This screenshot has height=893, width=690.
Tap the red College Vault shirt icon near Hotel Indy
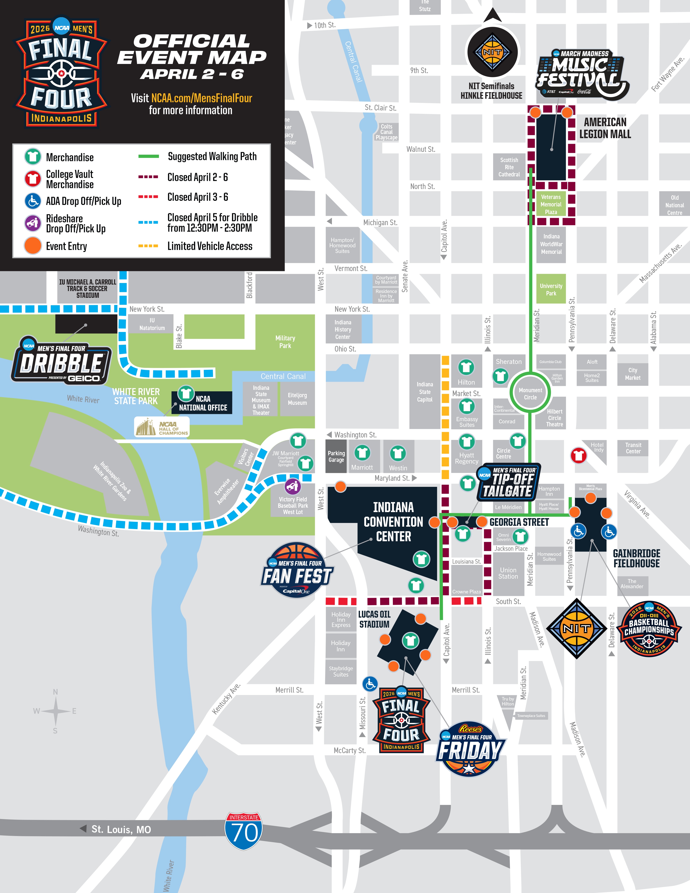click(x=578, y=455)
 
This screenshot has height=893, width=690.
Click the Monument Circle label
click(x=530, y=393)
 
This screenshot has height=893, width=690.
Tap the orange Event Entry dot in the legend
click(x=33, y=246)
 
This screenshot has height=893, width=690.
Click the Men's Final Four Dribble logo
click(x=61, y=361)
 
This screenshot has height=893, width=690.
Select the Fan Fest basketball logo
click(x=297, y=570)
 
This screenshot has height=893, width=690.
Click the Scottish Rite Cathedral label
click(x=509, y=167)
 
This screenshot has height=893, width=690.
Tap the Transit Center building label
click(x=633, y=448)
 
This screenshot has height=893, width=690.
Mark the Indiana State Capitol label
click(x=425, y=392)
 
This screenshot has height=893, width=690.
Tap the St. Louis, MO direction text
click(x=121, y=829)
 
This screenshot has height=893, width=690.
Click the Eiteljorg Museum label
click(x=297, y=399)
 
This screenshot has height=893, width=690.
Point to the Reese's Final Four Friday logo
click(x=471, y=748)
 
